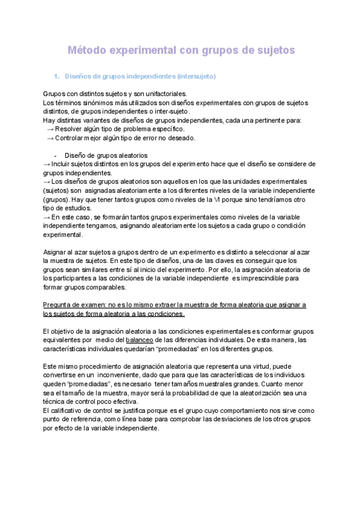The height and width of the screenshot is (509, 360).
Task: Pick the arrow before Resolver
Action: tap(50, 129)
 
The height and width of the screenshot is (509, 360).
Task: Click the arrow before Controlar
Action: tap(50, 138)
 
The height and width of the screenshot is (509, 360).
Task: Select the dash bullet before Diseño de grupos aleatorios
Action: tap(55, 155)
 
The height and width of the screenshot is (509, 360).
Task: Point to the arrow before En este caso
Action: tap(47, 217)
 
